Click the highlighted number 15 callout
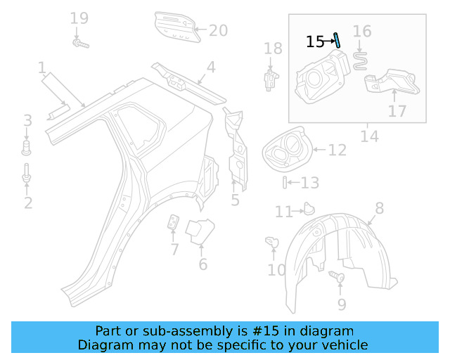(x=314, y=42)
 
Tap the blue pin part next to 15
(x=337, y=39)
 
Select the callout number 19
(x=79, y=18)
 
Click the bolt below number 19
(x=79, y=44)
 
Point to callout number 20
(x=219, y=30)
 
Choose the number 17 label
(x=397, y=111)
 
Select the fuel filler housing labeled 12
(x=285, y=150)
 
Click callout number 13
(x=309, y=184)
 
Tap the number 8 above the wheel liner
(x=379, y=207)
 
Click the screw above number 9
(x=337, y=278)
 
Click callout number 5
(x=235, y=200)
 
